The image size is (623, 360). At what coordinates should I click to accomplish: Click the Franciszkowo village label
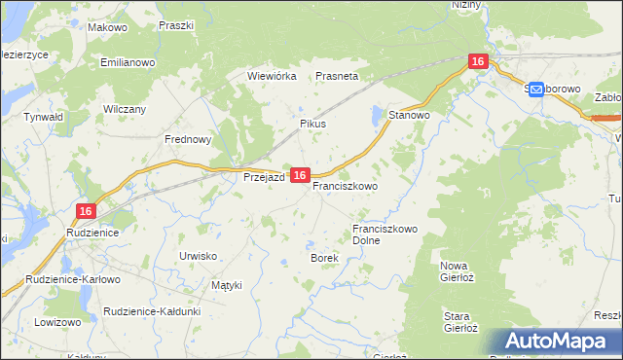(x=345, y=185)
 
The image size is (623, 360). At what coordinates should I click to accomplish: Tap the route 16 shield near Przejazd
(x=300, y=175)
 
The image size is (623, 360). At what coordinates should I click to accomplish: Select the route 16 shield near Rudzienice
(x=86, y=210)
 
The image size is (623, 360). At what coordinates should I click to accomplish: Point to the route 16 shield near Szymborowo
(x=477, y=61)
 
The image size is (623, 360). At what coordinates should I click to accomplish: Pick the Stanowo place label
(x=409, y=115)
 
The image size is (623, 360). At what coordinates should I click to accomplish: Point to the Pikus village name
(x=312, y=125)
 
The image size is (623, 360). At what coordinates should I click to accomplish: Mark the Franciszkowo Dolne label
(x=385, y=234)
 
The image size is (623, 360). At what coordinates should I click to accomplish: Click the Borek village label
(x=323, y=258)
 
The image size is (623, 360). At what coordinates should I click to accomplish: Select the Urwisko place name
(x=198, y=255)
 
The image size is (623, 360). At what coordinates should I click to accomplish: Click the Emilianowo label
(x=128, y=62)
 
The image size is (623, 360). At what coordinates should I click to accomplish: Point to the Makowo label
(x=107, y=28)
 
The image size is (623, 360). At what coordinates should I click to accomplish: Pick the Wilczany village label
(x=124, y=109)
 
